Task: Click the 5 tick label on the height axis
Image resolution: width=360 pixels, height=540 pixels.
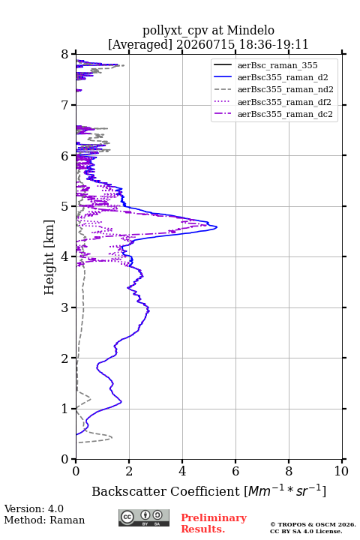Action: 65,206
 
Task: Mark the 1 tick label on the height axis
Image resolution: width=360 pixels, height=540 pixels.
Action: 65,409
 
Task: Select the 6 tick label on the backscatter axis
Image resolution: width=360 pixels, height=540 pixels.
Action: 235,471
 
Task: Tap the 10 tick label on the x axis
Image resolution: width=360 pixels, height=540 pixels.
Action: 342,471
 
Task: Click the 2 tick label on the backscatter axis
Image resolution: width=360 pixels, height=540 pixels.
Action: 129,471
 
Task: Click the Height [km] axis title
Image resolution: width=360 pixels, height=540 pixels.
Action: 49,257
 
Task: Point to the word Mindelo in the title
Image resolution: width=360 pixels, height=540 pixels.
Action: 250,30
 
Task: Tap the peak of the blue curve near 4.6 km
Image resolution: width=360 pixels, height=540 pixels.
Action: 217,227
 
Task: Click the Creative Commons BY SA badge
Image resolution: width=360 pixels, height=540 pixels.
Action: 144,518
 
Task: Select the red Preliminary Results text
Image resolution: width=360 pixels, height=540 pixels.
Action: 214,523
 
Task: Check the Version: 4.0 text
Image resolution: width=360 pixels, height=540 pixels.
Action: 34,508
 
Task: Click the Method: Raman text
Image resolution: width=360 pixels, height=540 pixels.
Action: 44,520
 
